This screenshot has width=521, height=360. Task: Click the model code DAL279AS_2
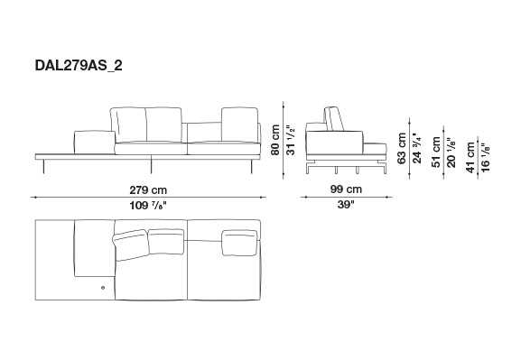[79, 66]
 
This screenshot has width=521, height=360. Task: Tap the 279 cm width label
[148, 190]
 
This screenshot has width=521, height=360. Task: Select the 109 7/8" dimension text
[147, 206]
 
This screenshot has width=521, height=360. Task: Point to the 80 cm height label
[275, 140]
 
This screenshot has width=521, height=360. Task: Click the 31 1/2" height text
[291, 140]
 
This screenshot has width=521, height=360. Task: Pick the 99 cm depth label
[346, 189]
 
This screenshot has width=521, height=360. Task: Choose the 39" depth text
[346, 205]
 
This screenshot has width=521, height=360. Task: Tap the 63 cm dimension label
[402, 148]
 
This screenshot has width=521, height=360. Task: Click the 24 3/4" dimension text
[416, 148]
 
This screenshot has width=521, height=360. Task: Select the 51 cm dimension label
[436, 152]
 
